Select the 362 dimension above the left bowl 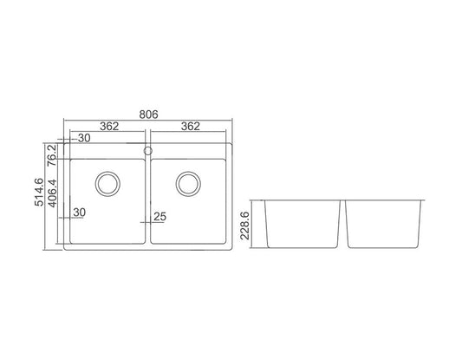108,127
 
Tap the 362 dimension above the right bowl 190,127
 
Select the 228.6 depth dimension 244,224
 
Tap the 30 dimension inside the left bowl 79,213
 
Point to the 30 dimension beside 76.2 85,139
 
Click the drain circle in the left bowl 108,183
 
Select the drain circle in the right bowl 188,183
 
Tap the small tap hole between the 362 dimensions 148,150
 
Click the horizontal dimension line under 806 148,121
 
